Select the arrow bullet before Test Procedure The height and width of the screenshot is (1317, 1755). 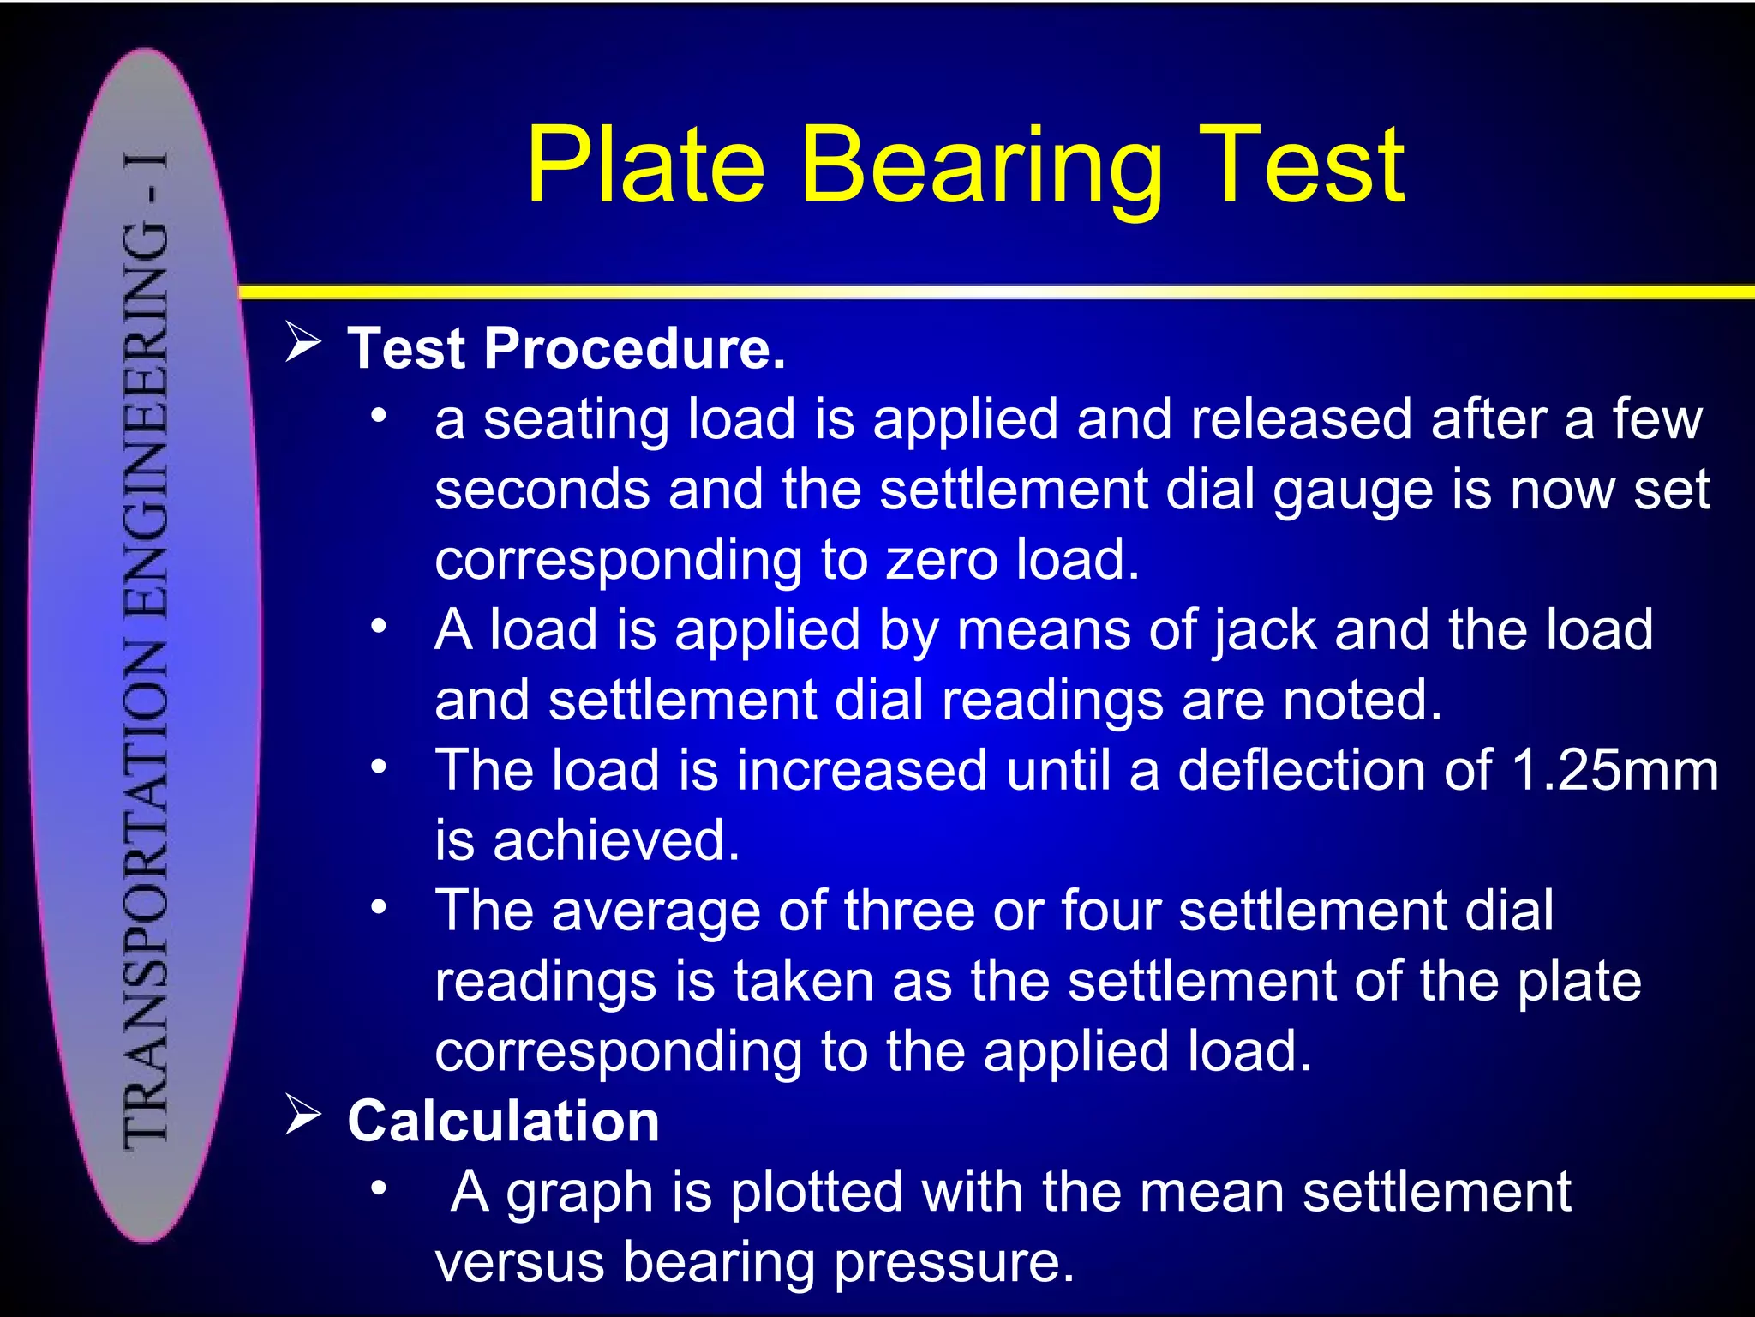coord(302,343)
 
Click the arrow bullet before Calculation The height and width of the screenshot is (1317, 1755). coord(302,1116)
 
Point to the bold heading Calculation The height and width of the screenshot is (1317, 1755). coord(503,1122)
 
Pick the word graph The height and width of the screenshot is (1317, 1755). coord(579,1194)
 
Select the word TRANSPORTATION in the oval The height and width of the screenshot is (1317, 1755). coord(146,892)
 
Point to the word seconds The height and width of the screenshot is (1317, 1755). coord(542,490)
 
